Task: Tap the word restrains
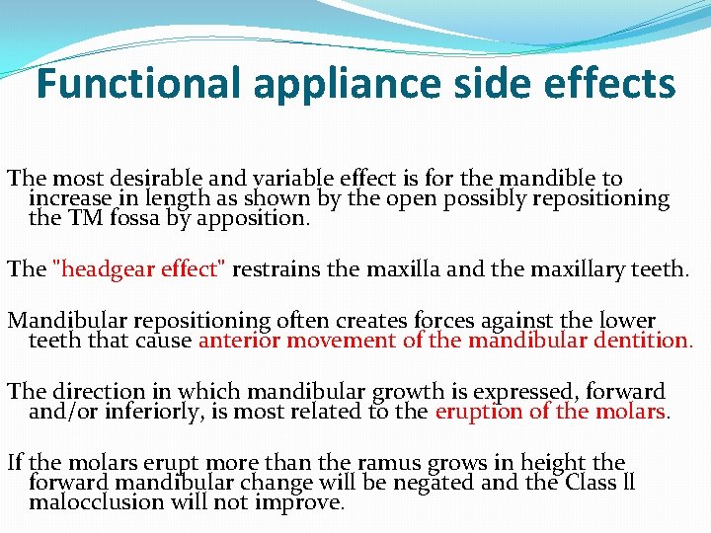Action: tap(281, 269)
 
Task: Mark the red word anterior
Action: tap(241, 341)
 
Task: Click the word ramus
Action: tap(411, 463)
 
